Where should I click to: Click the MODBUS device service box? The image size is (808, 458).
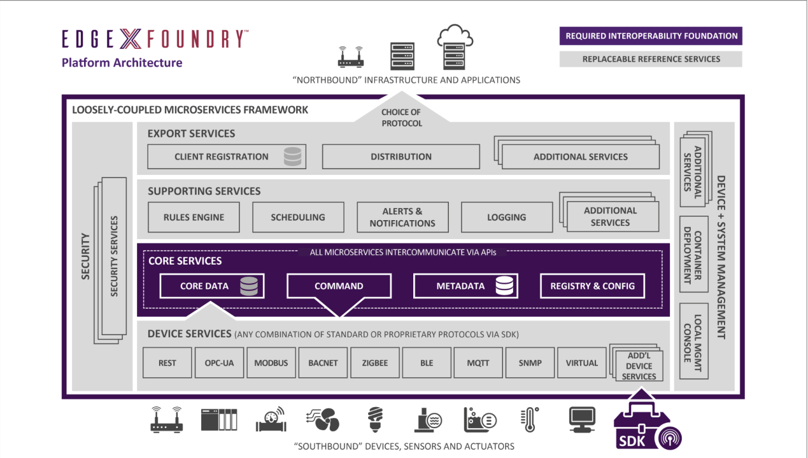point(271,363)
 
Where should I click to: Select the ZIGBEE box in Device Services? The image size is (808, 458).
point(375,363)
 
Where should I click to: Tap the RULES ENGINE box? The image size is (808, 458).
point(194,218)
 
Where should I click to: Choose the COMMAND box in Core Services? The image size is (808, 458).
point(339,286)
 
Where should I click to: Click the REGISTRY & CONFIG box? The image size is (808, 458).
point(592,286)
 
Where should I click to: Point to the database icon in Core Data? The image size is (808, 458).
point(249,286)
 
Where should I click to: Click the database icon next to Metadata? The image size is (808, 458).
point(504,286)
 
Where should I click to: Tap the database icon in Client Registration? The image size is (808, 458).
point(292,156)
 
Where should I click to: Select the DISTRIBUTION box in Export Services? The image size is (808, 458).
point(401,156)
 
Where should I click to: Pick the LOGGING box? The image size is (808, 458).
point(506,218)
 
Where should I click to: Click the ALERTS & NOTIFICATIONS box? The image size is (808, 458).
point(402,218)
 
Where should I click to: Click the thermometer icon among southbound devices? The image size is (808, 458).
point(528,420)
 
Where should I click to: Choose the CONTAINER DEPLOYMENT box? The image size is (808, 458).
point(693,255)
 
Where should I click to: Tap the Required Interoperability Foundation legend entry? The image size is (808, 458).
point(651,36)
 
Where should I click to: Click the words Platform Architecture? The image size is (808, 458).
point(122,63)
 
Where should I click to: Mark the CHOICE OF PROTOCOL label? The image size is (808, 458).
point(402,118)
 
